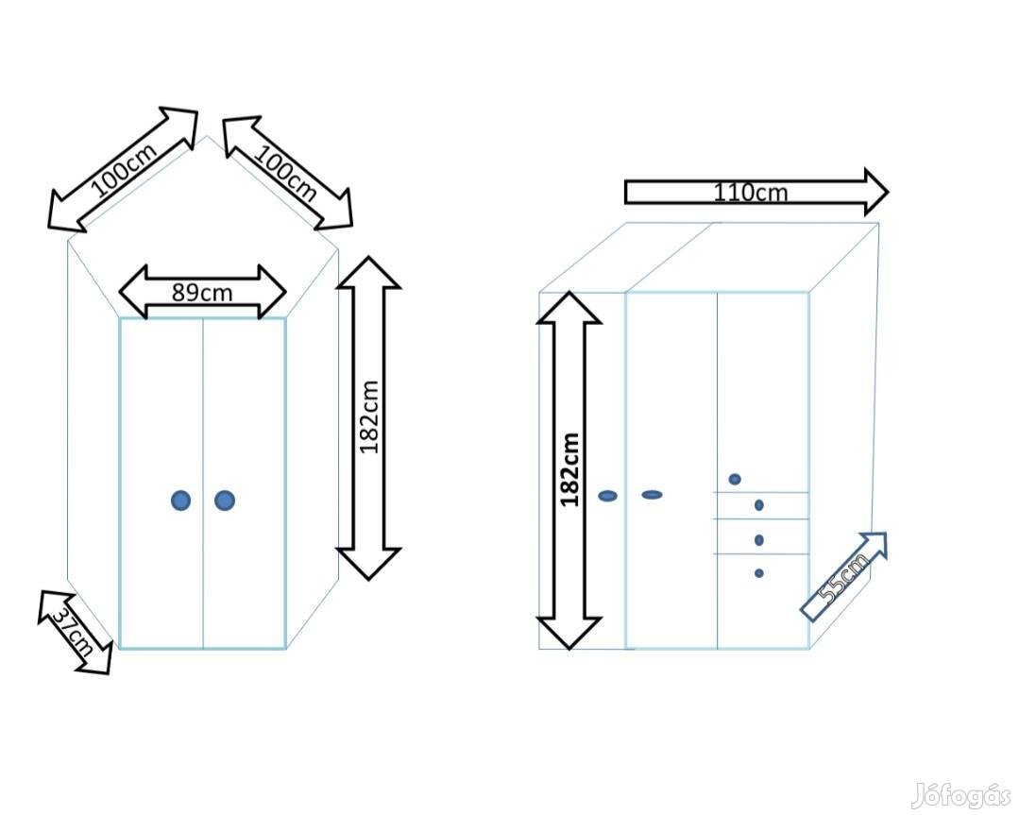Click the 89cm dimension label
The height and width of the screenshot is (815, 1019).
click(x=202, y=292)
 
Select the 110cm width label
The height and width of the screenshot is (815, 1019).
click(x=750, y=193)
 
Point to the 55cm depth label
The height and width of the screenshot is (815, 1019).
click(x=842, y=578)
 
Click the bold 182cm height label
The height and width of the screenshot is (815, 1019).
click(x=569, y=469)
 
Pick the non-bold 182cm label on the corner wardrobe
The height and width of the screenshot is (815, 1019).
click(x=369, y=416)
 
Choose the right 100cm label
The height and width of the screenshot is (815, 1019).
click(x=288, y=173)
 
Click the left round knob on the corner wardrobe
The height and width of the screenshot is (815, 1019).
click(x=180, y=501)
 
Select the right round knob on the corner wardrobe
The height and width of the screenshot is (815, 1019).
click(x=224, y=501)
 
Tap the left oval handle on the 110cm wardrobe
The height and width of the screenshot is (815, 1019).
click(x=608, y=496)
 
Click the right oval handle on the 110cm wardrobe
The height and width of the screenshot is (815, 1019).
click(x=652, y=495)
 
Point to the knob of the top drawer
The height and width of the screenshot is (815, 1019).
click(x=759, y=505)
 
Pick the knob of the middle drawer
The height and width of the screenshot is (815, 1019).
click(x=759, y=540)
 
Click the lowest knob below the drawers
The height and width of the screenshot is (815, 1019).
click(x=759, y=573)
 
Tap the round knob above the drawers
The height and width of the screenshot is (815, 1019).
click(x=735, y=479)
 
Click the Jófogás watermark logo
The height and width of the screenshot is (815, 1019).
click(x=960, y=796)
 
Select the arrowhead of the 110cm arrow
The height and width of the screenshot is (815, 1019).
click(x=875, y=192)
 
